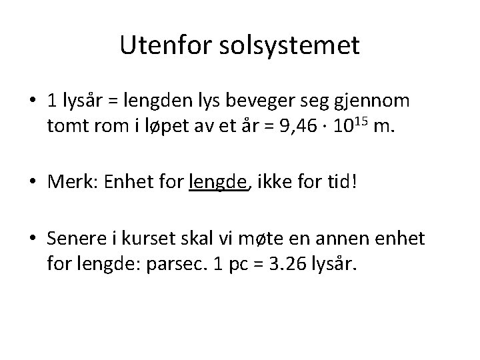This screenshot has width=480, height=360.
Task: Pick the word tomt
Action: point(65,126)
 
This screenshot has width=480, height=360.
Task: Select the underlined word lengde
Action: point(218,181)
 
